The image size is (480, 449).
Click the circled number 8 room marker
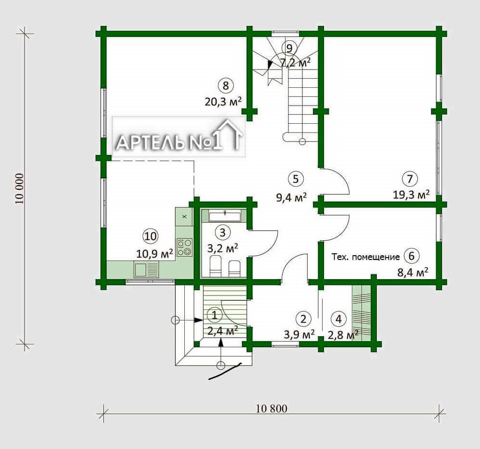[226, 85]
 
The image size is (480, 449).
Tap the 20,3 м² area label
[223, 101]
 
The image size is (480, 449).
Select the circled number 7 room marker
[410, 178]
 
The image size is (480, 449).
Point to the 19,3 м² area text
[411, 195]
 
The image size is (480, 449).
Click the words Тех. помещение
[365, 257]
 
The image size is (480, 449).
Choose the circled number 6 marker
[411, 255]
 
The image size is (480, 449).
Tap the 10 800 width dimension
[272, 409]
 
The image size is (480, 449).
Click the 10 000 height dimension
[19, 189]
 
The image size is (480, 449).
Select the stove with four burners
[184, 247]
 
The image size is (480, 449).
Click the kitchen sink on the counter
[146, 270]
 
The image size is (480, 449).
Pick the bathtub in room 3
[225, 216]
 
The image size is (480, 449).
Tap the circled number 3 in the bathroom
[223, 233]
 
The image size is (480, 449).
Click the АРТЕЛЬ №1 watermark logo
[179, 137]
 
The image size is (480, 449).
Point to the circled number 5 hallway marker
[295, 178]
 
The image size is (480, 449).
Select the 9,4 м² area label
[291, 198]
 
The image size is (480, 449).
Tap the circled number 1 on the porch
[215, 315]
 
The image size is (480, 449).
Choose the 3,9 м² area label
[299, 334]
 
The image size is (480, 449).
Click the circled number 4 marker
[338, 319]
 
